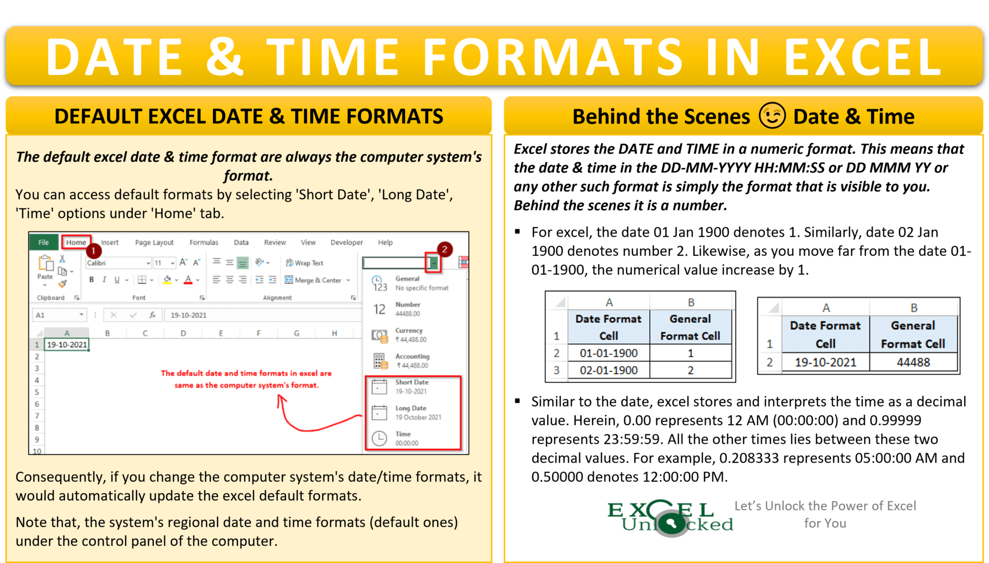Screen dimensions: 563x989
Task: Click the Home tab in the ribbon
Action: pos(76,242)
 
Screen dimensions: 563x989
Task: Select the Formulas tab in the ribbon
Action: pos(203,242)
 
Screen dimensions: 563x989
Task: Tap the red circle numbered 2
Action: pos(445,249)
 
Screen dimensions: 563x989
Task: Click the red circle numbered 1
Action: pos(94,251)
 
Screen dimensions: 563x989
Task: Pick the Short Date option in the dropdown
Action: pos(412,386)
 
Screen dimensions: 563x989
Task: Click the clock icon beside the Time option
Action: pos(380,438)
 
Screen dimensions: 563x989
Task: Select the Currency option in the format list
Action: pos(410,335)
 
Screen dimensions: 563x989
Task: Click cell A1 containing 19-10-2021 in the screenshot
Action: pos(67,345)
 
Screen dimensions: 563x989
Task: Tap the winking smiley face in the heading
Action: pos(772,116)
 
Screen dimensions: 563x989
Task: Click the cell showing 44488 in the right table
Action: pos(913,362)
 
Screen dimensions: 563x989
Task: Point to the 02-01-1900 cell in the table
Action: pos(608,370)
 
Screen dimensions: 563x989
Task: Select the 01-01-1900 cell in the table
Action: pos(608,353)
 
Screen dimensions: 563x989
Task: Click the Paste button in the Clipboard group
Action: pos(45,268)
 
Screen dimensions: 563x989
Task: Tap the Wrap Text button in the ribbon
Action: pos(304,263)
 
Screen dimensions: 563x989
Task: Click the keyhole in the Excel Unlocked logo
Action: pos(671,524)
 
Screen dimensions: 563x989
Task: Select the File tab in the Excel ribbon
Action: pos(44,242)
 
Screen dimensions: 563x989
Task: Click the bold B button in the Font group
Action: pos(92,279)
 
